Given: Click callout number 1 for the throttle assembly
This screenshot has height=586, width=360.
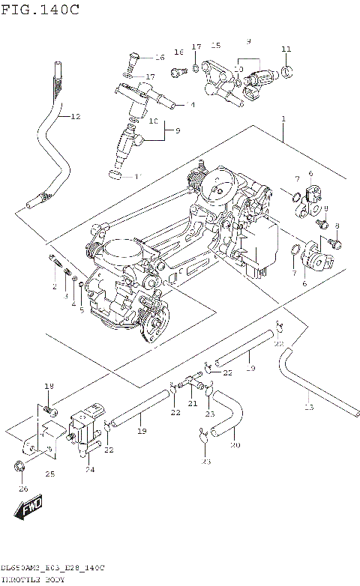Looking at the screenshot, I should (x=283, y=119).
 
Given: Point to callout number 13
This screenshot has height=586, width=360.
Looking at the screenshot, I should (x=308, y=407).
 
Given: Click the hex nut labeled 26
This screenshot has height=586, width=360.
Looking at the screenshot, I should (x=19, y=468).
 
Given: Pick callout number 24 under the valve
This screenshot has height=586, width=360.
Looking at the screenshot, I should (x=89, y=470).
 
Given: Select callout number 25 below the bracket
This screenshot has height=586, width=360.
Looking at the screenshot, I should (x=50, y=474).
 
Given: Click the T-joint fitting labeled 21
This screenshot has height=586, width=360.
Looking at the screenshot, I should (x=196, y=384).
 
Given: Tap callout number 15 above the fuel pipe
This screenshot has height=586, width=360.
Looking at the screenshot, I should (x=216, y=46).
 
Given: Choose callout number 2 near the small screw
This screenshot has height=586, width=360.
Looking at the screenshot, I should (x=54, y=287).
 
